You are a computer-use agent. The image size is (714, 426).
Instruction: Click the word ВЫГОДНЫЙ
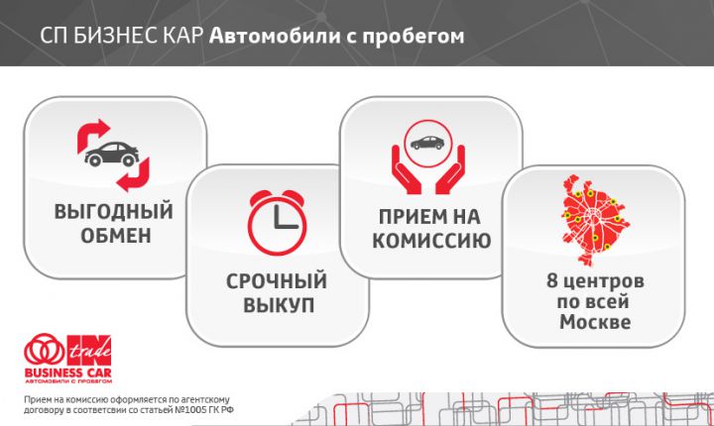(x=114, y=212)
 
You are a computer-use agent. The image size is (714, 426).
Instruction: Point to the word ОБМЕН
(x=114, y=236)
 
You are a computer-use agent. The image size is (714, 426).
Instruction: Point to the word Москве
(x=594, y=323)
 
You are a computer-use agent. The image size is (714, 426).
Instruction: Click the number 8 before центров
(x=552, y=281)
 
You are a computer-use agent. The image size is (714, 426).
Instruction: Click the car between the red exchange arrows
(x=112, y=155)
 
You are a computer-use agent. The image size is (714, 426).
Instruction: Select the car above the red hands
(x=427, y=142)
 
